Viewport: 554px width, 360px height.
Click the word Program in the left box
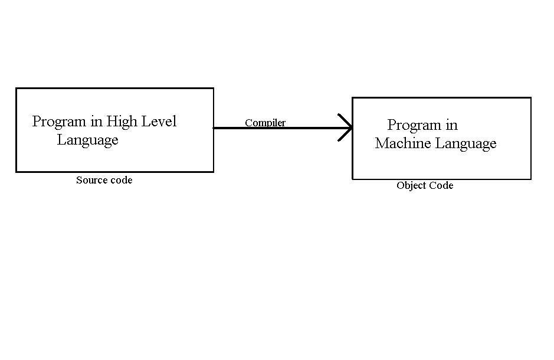click(59, 122)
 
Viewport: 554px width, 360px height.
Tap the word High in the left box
click(122, 122)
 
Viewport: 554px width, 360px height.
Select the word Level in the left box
click(158, 122)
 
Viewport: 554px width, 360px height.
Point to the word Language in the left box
click(87, 140)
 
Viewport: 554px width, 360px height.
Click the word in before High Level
click(96, 122)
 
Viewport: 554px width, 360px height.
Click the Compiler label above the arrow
click(265, 123)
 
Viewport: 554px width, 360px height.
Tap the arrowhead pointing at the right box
click(346, 127)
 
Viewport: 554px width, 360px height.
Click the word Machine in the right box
click(403, 143)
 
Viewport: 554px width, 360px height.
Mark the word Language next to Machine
click(466, 143)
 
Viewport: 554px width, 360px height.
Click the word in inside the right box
click(451, 125)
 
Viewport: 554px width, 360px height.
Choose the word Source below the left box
click(90, 180)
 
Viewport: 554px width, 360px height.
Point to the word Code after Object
click(441, 185)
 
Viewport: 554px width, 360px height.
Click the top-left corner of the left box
click(16, 89)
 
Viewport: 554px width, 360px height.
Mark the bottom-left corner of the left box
click(16, 172)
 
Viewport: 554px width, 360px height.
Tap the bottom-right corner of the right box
click(531, 179)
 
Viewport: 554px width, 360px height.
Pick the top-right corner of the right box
click(531, 98)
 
